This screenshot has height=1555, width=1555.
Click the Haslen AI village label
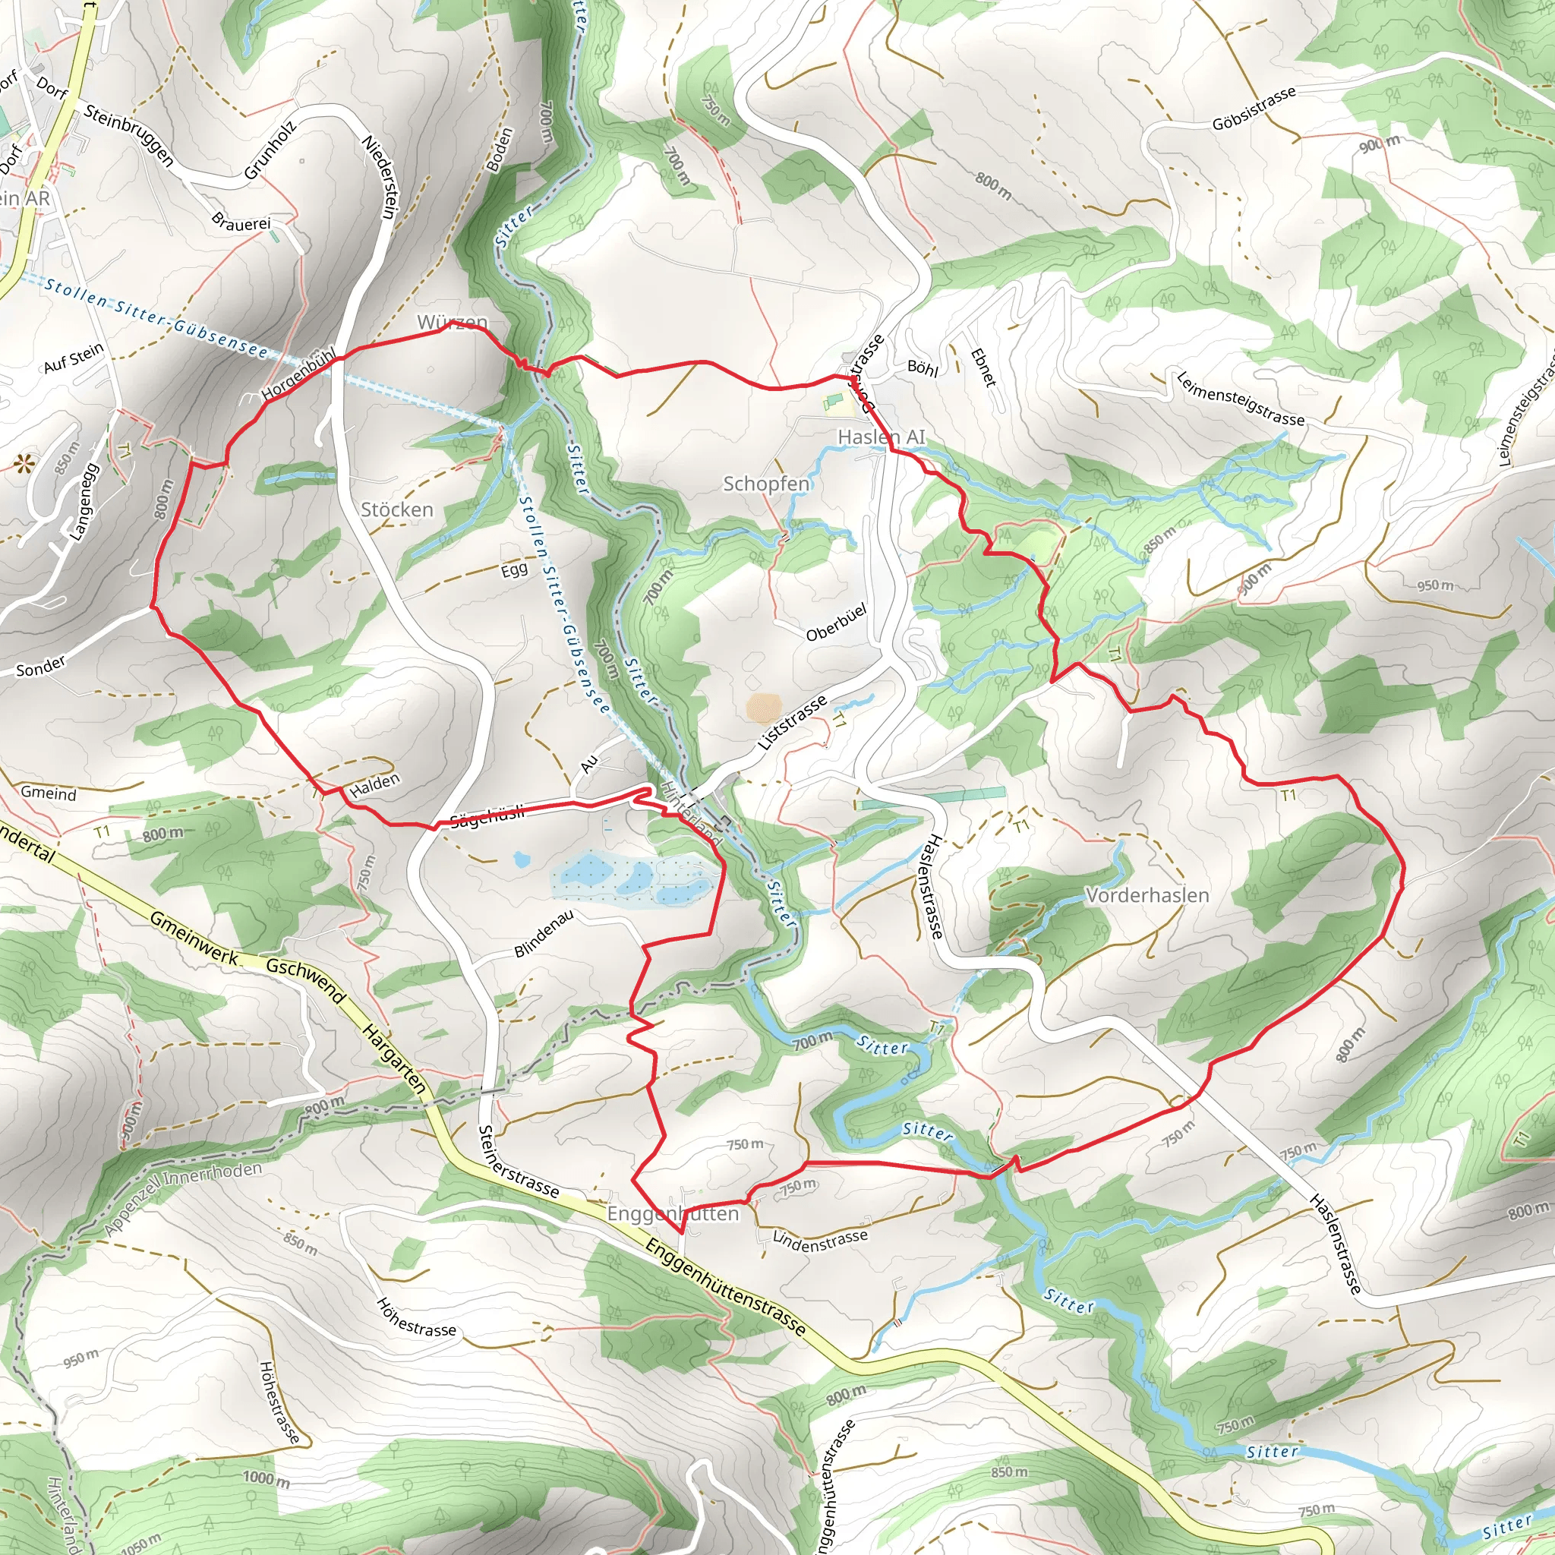(x=882, y=437)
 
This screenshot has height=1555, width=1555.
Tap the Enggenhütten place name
(x=672, y=1214)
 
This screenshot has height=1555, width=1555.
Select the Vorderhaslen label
(x=1147, y=895)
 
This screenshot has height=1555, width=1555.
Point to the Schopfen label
(x=766, y=484)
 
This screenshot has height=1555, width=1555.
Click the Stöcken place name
(x=397, y=509)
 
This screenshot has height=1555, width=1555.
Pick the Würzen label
(x=453, y=323)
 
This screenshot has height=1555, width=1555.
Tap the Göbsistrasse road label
(x=1254, y=109)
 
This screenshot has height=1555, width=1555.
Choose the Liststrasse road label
(x=792, y=723)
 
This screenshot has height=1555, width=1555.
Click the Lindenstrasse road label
(x=820, y=1241)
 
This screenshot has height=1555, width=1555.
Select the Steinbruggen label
(x=128, y=136)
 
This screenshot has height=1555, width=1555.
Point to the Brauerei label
(x=241, y=223)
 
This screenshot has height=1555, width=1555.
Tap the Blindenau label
(x=544, y=934)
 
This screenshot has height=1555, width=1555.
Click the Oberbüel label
(x=836, y=622)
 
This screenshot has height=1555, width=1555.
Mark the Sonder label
(x=41, y=667)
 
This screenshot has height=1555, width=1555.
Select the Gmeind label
(x=49, y=793)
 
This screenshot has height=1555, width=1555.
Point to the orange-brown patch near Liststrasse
(x=763, y=708)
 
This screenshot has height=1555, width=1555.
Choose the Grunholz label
(x=270, y=150)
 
